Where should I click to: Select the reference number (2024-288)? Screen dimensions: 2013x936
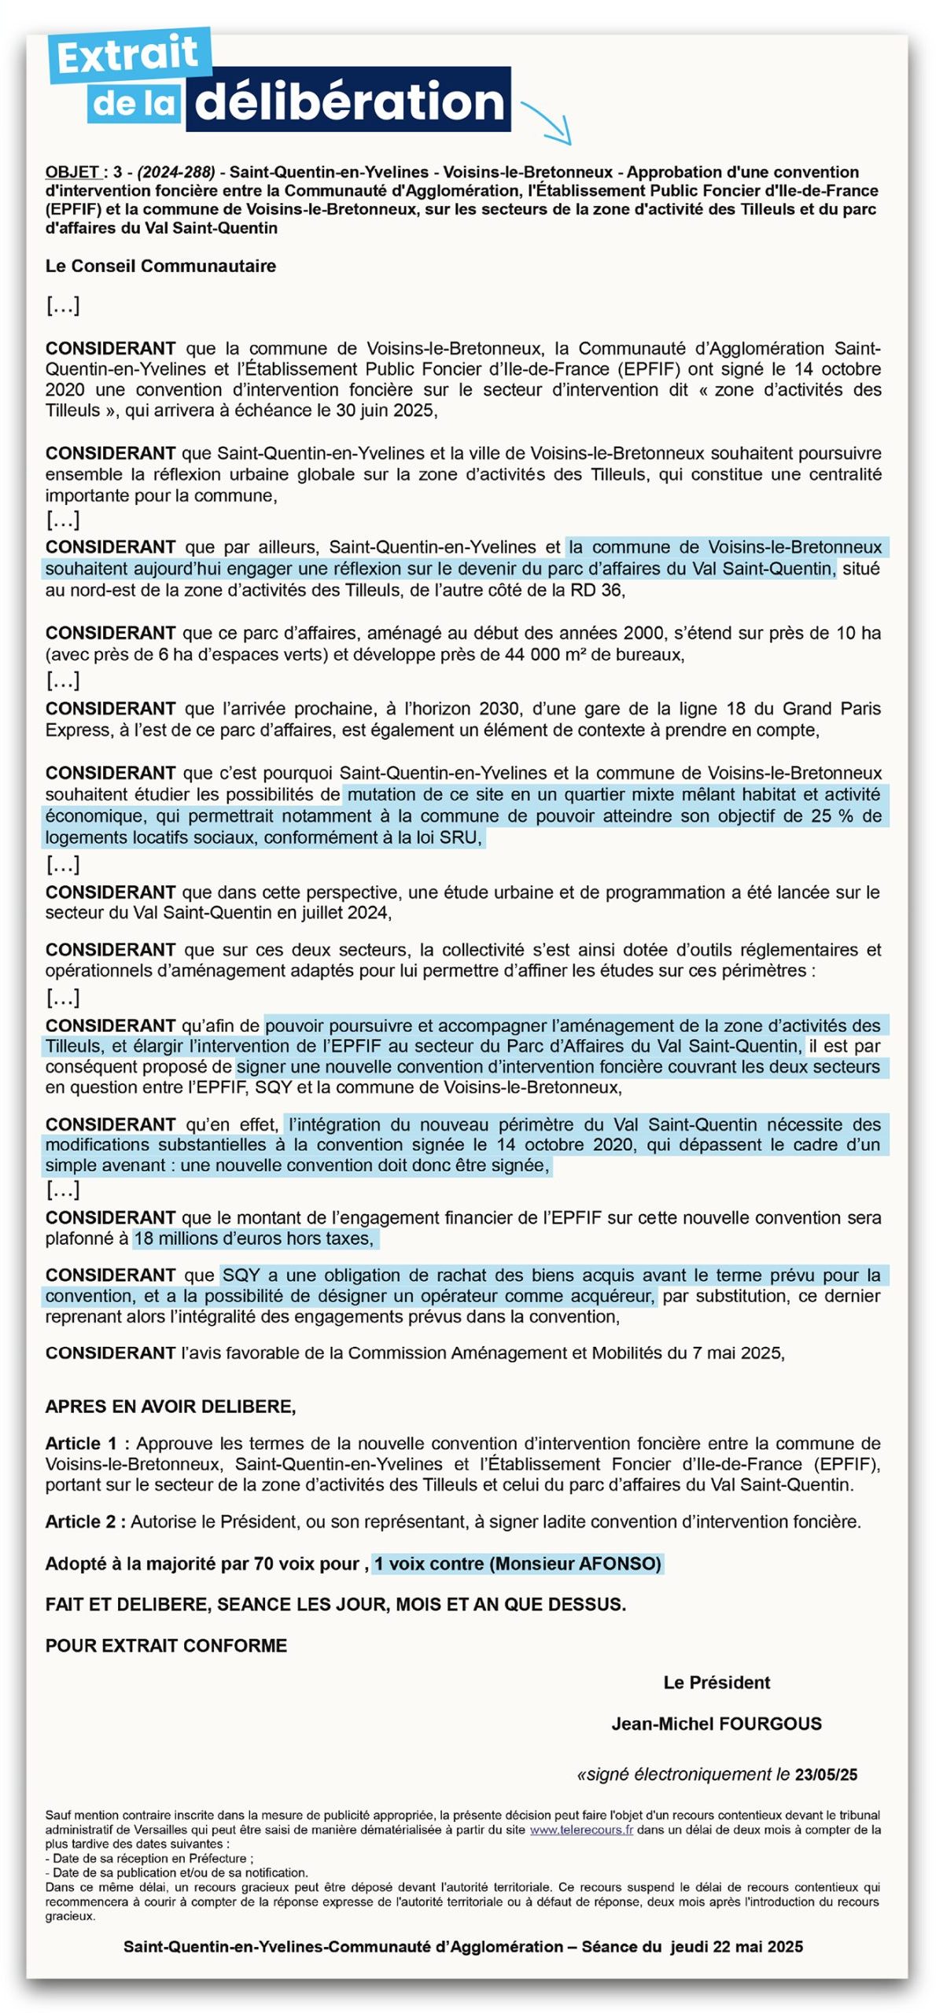[x=176, y=172]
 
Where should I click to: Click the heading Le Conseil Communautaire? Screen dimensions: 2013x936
[x=160, y=266]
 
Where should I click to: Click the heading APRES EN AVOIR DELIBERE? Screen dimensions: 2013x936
[x=171, y=1407]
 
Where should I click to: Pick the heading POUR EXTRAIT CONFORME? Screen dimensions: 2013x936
[x=166, y=1645]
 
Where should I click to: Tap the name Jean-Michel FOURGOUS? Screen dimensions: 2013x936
[x=717, y=1724]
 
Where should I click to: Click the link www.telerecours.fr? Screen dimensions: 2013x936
[x=581, y=1830]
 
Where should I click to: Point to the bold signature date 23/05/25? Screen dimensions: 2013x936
[x=826, y=1775]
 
